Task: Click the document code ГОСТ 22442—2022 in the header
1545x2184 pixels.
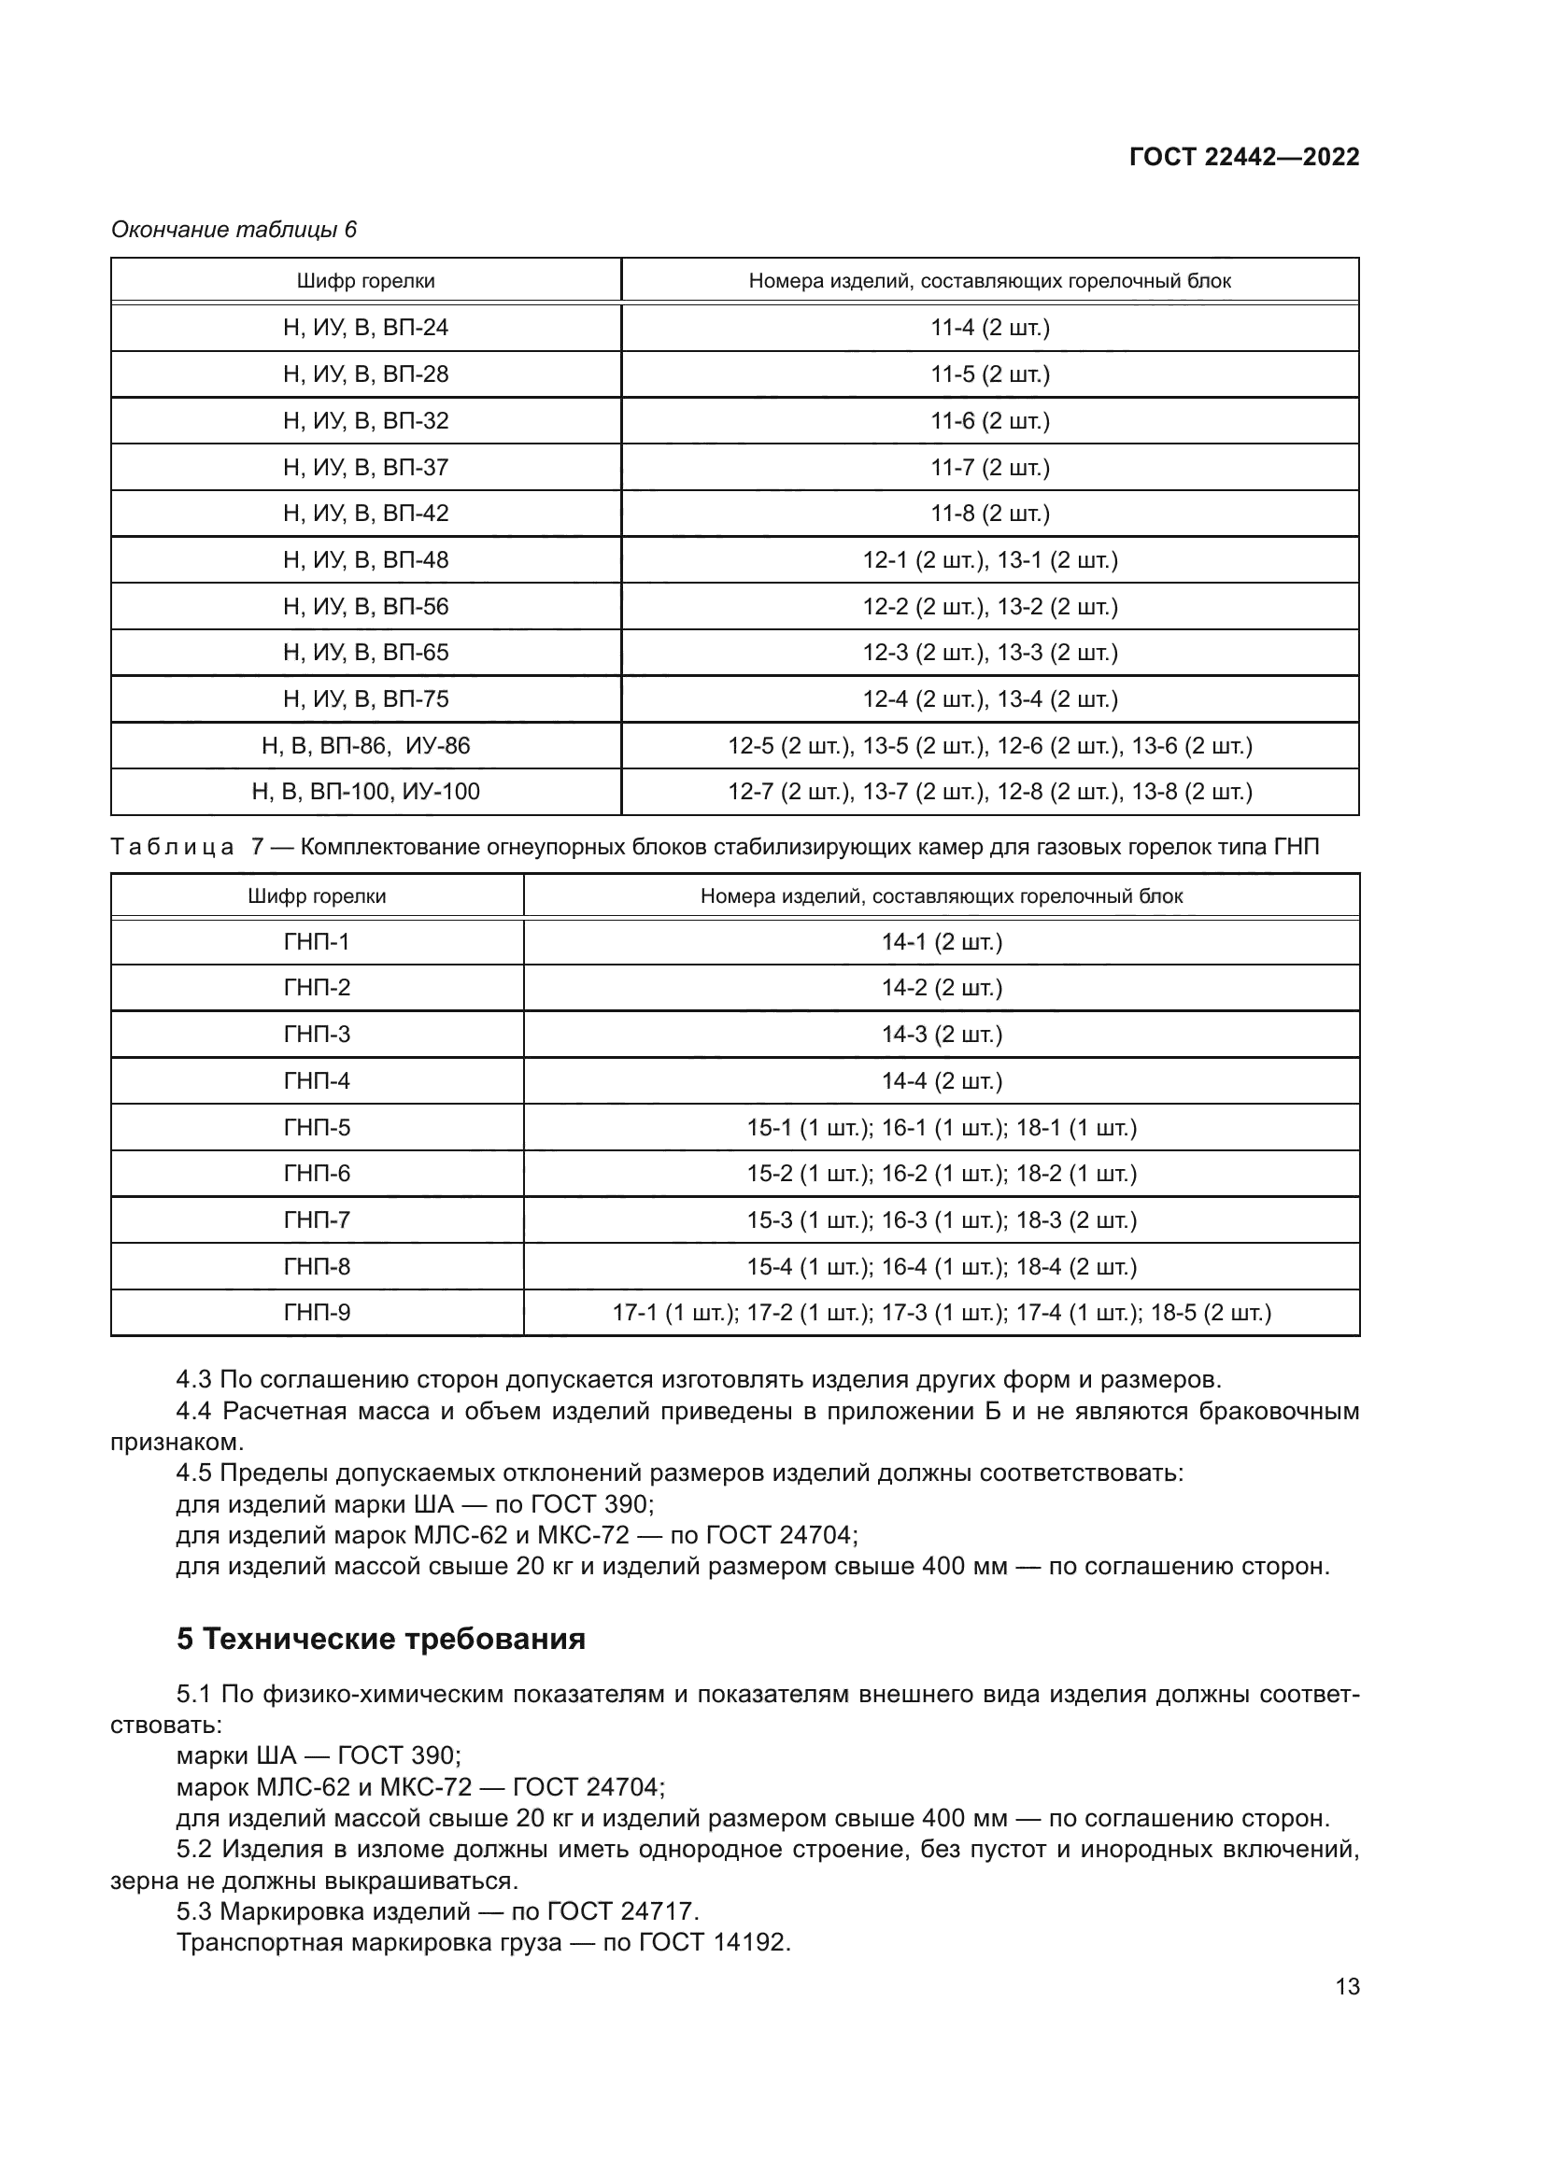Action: coord(1243,157)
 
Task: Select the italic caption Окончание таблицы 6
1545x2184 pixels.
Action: coord(234,230)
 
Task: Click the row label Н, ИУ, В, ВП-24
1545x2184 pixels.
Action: coord(365,328)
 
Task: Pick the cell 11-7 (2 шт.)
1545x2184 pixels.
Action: coord(989,467)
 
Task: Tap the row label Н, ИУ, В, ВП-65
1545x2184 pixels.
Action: coord(365,653)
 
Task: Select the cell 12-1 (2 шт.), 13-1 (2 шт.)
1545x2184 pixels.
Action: coord(989,560)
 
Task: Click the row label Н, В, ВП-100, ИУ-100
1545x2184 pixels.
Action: coord(365,792)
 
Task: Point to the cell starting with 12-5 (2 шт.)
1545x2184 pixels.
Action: coord(989,746)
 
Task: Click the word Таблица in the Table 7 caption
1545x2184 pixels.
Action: coord(172,847)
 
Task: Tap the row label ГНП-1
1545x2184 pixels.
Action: coord(317,942)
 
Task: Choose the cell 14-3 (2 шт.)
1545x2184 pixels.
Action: coord(941,1034)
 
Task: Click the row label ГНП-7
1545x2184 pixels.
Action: coord(317,1219)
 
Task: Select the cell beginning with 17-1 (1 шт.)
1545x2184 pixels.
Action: coord(941,1313)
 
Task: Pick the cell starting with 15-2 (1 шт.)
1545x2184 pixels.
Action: coord(941,1174)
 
